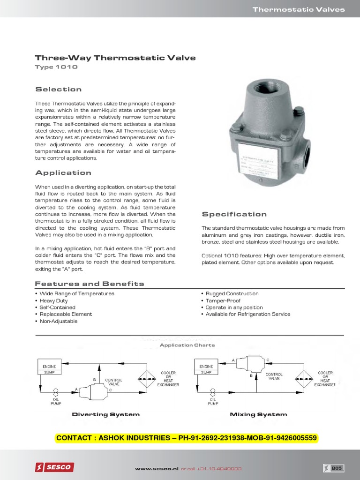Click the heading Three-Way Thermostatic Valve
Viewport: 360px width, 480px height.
115,58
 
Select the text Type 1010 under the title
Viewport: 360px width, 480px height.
56,67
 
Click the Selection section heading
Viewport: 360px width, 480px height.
58,90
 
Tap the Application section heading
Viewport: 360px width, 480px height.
63,173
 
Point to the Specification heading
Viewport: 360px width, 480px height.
234,215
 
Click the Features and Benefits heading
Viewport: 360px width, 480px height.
90,284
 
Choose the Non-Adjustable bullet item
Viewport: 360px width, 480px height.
59,322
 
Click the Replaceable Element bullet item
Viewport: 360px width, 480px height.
66,315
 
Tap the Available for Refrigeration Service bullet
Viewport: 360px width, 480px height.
248,315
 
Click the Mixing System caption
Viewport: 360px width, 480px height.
258,415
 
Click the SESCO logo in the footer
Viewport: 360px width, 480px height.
54,467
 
